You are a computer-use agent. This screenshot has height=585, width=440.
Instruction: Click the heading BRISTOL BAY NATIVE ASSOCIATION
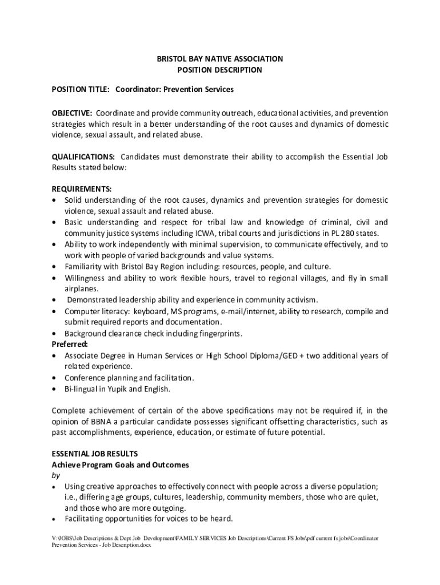[x=220, y=59]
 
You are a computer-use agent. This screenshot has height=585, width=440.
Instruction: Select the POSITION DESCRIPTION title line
[x=220, y=70]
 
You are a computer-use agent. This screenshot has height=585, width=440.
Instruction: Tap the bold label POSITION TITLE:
[x=81, y=90]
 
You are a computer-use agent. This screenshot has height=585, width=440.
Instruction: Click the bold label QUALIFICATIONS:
[x=83, y=157]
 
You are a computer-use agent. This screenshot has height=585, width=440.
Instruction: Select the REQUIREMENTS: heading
[x=82, y=189]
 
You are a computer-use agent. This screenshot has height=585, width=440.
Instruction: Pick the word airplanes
[x=81, y=289]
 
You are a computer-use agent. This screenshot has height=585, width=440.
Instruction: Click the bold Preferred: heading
[x=70, y=344]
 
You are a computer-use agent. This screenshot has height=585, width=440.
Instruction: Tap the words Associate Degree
[x=93, y=356]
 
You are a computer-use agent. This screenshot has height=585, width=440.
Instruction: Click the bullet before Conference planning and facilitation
[x=54, y=378]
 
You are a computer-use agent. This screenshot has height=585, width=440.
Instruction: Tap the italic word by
[x=55, y=476]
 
